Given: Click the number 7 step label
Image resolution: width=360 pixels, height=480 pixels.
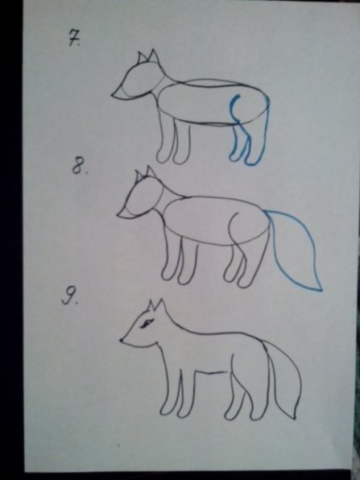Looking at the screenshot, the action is coord(74,39).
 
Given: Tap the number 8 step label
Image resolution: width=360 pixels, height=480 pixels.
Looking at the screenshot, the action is coord(79,168).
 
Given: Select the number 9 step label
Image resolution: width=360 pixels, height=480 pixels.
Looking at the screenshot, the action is coord(69,297).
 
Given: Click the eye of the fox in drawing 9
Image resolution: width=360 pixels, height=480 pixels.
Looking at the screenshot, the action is coord(147,323).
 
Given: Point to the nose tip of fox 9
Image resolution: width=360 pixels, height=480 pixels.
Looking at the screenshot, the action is coord(122,340).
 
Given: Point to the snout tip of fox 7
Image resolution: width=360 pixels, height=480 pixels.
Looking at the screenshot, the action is coord(113,96).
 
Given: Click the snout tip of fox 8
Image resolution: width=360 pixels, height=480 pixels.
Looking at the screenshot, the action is coord(118,216).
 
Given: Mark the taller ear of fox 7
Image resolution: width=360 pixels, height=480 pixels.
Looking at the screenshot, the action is coord(153,56).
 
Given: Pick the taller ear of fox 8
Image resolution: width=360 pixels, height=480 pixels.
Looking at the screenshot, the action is coord(151,172).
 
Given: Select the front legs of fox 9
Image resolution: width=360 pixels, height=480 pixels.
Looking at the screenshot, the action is coord(179,395).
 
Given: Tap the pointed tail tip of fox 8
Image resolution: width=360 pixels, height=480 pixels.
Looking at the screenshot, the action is coord(321,290).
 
